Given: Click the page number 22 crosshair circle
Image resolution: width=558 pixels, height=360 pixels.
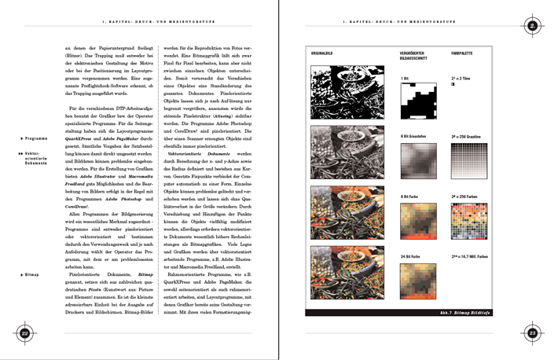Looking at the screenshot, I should coord(24,333).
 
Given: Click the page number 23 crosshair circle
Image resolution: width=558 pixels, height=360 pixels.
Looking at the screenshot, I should coord(531,333).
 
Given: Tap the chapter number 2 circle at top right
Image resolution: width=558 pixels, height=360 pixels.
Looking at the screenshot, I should coord(532,25).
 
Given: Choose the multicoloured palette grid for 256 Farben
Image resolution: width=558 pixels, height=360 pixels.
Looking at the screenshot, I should coord(469,221).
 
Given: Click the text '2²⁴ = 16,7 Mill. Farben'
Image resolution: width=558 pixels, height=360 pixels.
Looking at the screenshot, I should coord(472,256).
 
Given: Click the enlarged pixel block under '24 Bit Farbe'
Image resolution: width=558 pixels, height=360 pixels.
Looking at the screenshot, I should coord(418,280).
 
